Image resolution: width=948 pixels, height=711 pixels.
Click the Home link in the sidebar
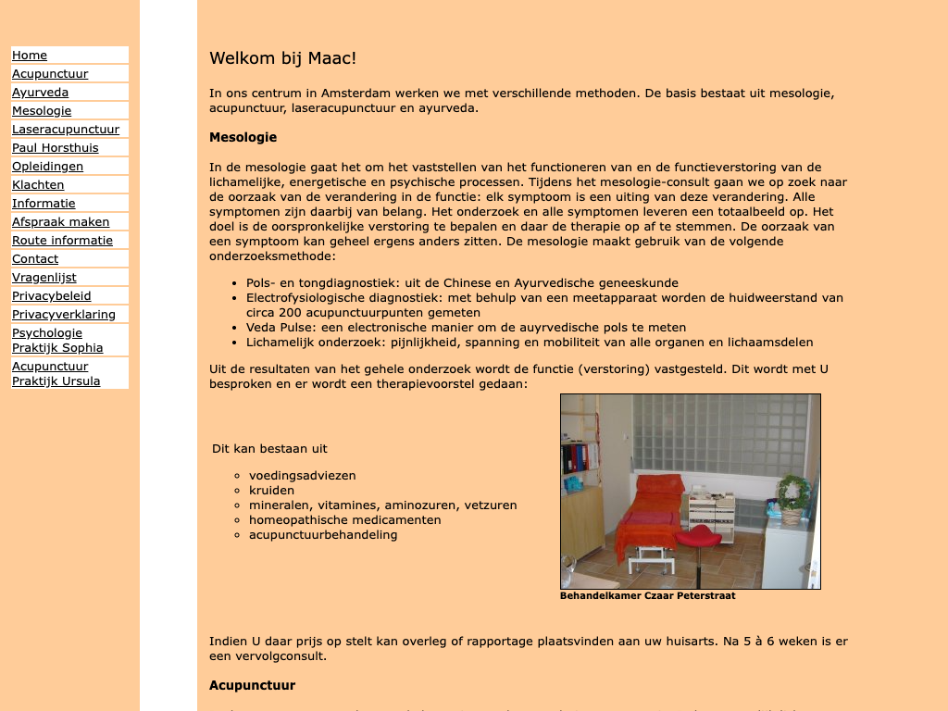click(30, 56)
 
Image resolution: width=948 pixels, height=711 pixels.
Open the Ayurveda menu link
click(40, 93)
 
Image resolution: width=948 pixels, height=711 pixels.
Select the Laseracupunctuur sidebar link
click(66, 130)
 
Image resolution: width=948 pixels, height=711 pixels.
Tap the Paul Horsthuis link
click(55, 148)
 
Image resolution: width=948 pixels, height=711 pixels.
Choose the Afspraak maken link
click(60, 222)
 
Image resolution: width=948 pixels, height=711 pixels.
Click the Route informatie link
click(62, 241)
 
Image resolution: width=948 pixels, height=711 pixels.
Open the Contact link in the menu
click(35, 259)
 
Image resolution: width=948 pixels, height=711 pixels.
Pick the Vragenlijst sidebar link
click(44, 278)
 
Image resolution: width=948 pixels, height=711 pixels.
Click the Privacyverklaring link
click(64, 315)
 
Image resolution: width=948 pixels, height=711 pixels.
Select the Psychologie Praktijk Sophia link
click(56, 341)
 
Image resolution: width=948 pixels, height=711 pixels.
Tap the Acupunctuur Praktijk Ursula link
click(56, 374)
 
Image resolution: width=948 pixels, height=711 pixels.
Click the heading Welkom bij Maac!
click(282, 58)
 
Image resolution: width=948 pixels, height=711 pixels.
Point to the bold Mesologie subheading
click(243, 137)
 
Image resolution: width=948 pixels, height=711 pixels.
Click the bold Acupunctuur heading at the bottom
click(252, 685)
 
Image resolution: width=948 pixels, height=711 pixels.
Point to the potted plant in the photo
click(792, 495)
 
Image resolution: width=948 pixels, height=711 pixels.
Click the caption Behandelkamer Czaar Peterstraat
click(647, 595)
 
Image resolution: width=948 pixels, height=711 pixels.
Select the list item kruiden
click(271, 491)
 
